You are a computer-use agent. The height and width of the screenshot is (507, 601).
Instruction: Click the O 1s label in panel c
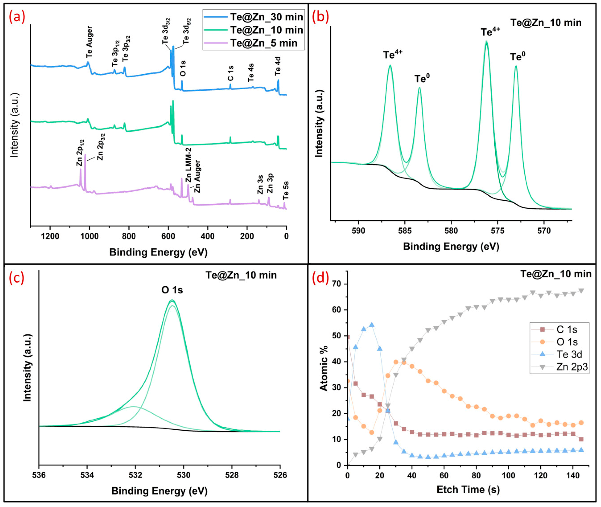[172, 290]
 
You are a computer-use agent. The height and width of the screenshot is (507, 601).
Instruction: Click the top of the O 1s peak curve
[172, 300]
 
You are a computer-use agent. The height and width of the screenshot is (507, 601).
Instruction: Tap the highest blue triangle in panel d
[371, 325]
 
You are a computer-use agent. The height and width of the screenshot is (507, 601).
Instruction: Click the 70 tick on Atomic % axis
[337, 284]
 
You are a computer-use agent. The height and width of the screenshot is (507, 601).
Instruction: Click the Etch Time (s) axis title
[468, 489]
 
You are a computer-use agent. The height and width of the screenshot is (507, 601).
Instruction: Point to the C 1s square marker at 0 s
[348, 337]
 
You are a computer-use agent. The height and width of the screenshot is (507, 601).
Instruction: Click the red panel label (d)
[320, 278]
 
